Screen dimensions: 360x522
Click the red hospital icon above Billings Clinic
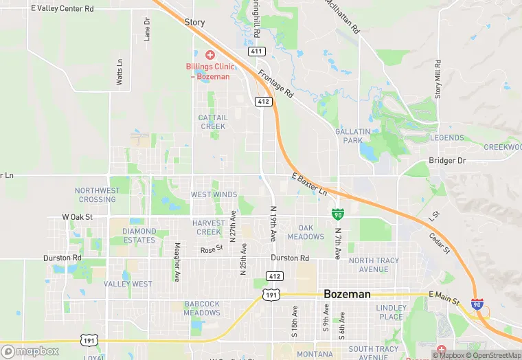[210, 54]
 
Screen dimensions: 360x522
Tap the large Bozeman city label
[347, 294]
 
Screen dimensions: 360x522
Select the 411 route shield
[257, 52]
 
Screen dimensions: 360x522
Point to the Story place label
[194, 23]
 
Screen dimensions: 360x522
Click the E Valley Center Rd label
[63, 9]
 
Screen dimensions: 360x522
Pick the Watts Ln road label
[120, 71]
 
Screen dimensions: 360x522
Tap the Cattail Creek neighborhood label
[212, 122]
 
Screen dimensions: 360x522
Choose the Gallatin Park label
[352, 135]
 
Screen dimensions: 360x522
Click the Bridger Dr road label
[447, 161]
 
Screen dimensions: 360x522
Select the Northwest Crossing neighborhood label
[98, 195]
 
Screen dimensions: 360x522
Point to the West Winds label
[214, 195]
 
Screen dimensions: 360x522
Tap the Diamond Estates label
[139, 236]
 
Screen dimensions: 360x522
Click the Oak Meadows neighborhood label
[306, 232]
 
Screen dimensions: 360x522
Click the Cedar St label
[440, 242]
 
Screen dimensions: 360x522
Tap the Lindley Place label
[391, 312]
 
